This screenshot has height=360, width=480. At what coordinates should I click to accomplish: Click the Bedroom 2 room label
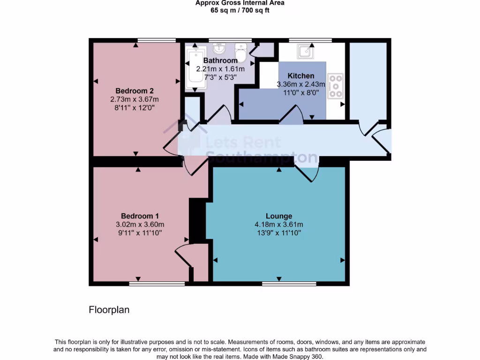(135, 90)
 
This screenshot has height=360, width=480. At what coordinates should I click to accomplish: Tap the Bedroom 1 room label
(140, 216)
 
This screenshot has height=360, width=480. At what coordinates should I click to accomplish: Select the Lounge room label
(279, 216)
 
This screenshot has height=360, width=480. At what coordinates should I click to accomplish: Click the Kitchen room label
(301, 76)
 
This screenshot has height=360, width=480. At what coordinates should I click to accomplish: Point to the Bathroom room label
(220, 60)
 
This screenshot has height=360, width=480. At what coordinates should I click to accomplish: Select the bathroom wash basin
(218, 49)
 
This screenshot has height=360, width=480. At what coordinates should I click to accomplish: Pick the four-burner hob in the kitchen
(336, 86)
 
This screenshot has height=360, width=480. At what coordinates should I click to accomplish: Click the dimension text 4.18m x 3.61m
(279, 224)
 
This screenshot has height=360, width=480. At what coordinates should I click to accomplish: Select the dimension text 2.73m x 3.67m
(135, 99)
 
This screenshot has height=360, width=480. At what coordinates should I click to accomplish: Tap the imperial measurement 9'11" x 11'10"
(140, 232)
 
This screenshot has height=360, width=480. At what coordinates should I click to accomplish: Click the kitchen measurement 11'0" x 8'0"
(301, 92)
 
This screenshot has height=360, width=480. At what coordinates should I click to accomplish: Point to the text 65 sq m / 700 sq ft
(240, 10)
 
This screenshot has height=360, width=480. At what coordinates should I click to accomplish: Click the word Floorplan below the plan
(109, 310)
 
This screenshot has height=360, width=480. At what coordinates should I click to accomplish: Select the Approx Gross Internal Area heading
(240, 3)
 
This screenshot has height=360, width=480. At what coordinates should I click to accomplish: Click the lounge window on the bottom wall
(289, 284)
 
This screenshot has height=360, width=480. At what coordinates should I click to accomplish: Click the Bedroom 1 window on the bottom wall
(157, 284)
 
